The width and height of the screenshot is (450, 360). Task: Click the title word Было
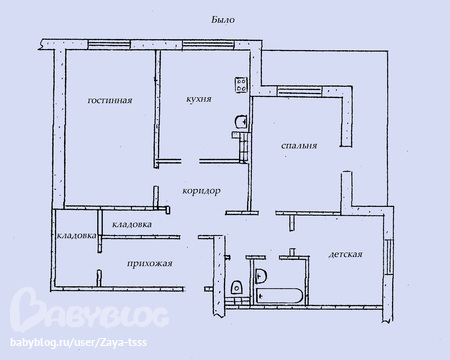click(223, 20)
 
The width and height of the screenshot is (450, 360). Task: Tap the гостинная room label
click(110, 100)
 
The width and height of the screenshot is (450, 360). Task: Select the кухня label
click(199, 99)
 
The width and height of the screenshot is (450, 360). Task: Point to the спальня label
click(299, 146)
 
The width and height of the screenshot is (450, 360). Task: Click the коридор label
click(201, 191)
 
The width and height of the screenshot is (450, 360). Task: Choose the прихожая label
click(150, 264)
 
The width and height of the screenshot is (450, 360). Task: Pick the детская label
click(345, 254)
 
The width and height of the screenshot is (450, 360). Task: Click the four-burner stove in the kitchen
click(241, 85)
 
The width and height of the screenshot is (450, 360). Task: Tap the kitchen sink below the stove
click(241, 121)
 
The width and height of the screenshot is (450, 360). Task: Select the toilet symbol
click(237, 287)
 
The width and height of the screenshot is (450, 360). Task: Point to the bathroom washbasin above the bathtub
click(260, 276)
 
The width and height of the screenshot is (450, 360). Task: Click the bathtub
click(279, 296)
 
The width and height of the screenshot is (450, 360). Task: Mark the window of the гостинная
click(109, 45)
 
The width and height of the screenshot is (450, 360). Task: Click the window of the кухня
click(208, 45)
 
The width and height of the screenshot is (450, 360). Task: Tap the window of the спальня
click(300, 91)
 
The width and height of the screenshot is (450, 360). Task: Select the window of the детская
click(388, 257)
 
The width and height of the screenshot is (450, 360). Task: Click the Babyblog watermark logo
click(89, 309)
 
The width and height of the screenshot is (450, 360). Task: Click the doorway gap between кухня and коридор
click(190, 162)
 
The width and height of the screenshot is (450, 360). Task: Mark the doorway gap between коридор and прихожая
click(189, 237)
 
